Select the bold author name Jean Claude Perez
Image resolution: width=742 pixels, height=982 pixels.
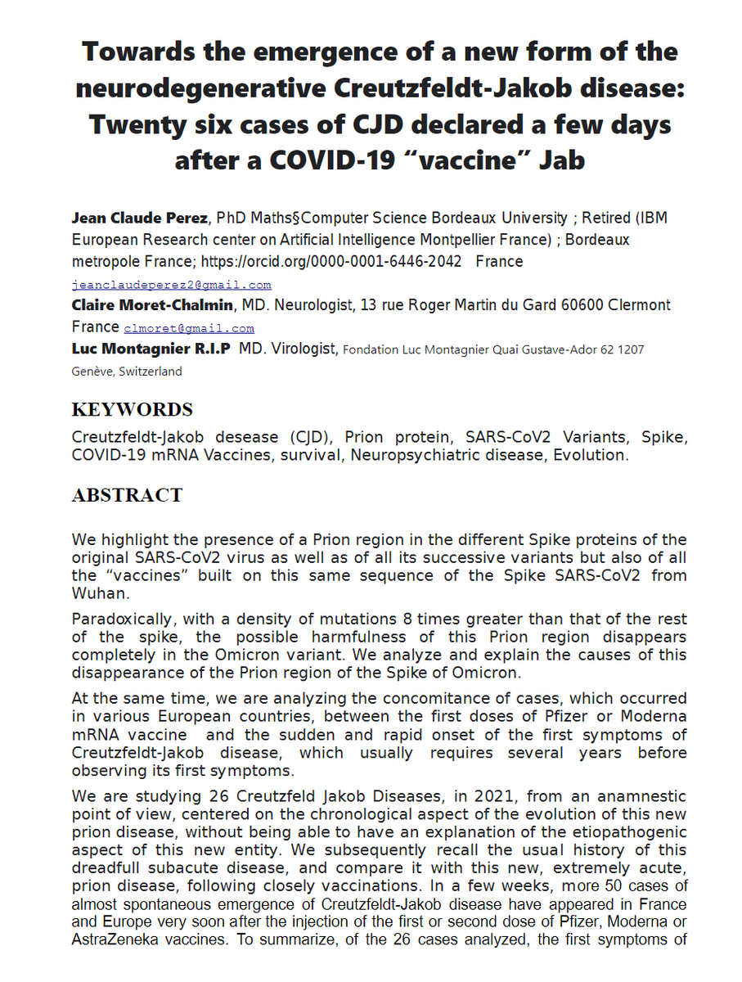[140, 218]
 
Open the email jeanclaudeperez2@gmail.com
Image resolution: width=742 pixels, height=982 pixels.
[171, 285]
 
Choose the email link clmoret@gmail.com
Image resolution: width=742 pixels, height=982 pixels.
[189, 328]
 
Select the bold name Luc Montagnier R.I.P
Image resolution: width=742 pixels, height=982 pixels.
[151, 349]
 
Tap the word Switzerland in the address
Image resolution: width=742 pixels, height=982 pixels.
[151, 371]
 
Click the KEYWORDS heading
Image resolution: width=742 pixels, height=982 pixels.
[133, 409]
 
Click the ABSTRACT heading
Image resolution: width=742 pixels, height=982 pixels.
[127, 495]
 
